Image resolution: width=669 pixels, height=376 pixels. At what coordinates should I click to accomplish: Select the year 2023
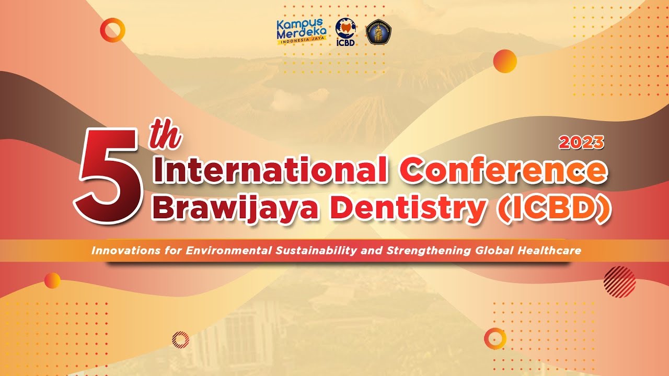pyautogui.click(x=581, y=143)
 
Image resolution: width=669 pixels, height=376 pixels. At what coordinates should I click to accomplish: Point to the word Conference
pyautogui.click(x=503, y=171)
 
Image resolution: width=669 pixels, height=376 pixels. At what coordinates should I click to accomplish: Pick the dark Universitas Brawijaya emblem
pyautogui.click(x=378, y=32)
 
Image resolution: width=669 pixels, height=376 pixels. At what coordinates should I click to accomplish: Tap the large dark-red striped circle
pyautogui.click(x=619, y=281)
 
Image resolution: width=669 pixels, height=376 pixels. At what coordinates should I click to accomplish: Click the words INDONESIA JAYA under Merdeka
pyautogui.click(x=302, y=40)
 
